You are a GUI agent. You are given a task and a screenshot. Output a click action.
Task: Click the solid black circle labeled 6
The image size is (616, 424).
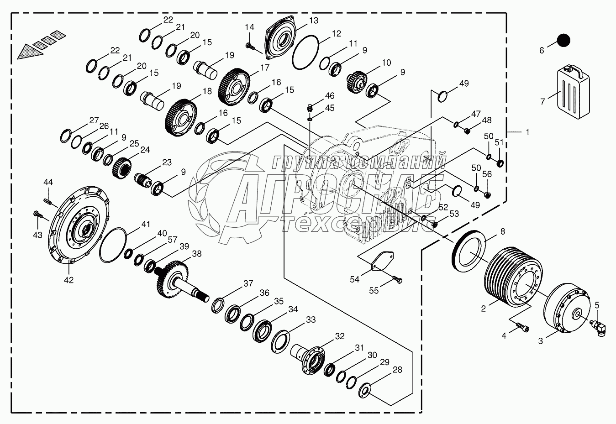click(564, 41)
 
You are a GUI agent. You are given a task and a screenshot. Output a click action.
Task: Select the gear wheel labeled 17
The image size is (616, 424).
click(235, 85)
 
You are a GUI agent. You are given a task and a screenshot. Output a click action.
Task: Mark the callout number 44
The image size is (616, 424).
click(48, 182)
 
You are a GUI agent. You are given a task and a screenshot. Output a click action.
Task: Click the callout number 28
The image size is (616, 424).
click(397, 370)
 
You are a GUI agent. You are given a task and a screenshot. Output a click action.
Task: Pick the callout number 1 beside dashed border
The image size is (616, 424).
click(527, 132)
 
